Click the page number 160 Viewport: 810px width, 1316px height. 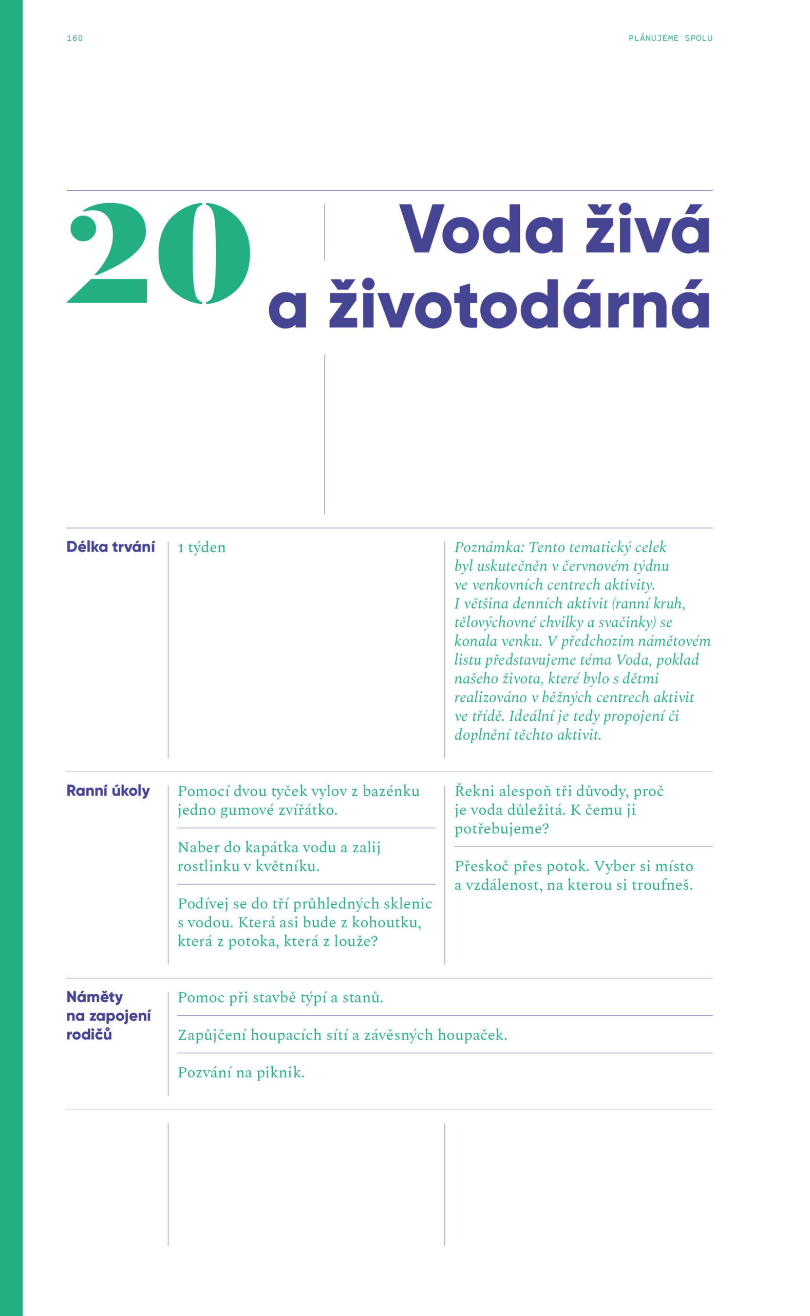click(x=74, y=38)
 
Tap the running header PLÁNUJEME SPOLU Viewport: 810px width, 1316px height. click(x=670, y=38)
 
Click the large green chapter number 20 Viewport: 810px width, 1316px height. click(x=159, y=253)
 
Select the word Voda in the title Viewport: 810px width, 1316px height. click(x=481, y=231)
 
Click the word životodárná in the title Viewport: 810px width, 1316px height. click(x=519, y=305)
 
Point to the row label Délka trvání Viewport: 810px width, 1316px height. click(x=110, y=547)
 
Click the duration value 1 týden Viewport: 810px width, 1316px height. click(x=201, y=547)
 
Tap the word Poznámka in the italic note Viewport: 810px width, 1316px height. click(x=488, y=547)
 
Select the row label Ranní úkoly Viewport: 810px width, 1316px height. click(x=108, y=791)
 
